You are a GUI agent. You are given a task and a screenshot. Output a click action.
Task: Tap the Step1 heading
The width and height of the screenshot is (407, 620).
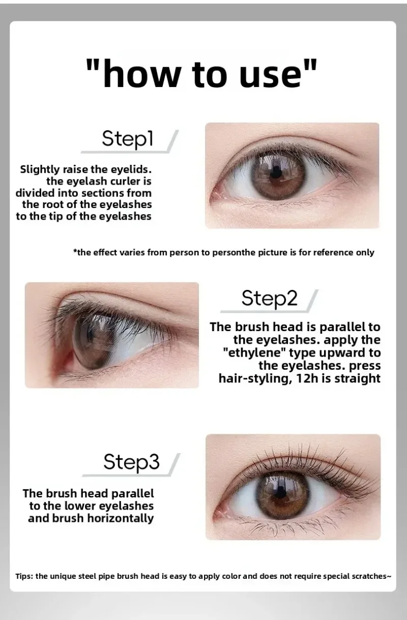pyautogui.click(x=127, y=138)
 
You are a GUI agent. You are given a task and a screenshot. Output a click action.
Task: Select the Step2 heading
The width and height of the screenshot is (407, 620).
pyautogui.click(x=270, y=299)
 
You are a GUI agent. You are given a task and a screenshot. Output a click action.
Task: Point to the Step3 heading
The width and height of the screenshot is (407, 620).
pyautogui.click(x=132, y=462)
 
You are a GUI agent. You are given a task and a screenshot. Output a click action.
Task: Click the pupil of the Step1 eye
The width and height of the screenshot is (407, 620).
pyautogui.click(x=275, y=173)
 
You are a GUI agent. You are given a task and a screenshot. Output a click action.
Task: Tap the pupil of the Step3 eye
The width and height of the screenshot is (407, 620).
pyautogui.click(x=280, y=491)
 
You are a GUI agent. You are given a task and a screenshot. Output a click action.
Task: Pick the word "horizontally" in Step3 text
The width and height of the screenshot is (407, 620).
pyautogui.click(x=121, y=518)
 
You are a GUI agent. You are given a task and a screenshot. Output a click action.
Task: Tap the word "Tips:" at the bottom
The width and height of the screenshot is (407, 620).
pyautogui.click(x=24, y=576)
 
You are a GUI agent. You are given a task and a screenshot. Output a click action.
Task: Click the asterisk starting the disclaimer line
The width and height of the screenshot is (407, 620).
pyautogui.click(x=75, y=251)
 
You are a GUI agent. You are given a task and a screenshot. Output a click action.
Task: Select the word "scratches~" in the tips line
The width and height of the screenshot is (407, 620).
pyautogui.click(x=371, y=576)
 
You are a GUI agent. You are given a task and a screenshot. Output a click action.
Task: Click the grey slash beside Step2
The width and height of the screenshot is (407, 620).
pyautogui.click(x=312, y=301)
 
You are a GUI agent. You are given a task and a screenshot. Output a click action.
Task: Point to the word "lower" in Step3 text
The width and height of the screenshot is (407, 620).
pyautogui.click(x=80, y=506)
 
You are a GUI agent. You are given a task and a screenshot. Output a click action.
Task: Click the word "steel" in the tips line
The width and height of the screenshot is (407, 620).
pyautogui.click(x=88, y=576)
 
